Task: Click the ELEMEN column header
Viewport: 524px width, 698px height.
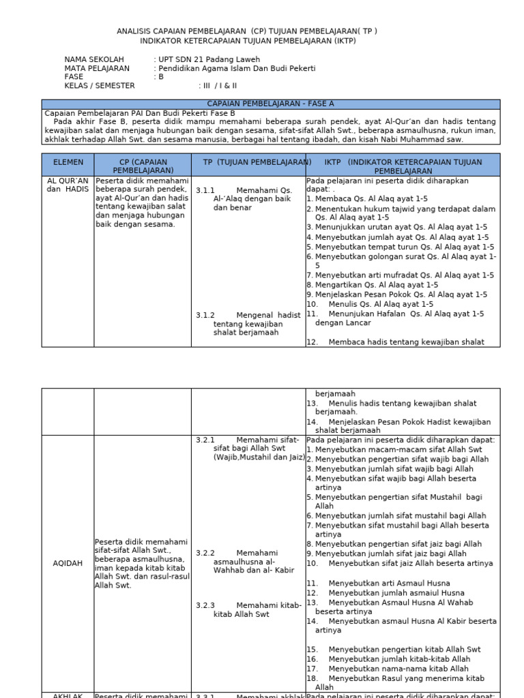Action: click(68, 162)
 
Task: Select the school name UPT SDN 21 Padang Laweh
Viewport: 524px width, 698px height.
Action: click(209, 59)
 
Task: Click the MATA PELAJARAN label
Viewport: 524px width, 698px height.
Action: click(97, 68)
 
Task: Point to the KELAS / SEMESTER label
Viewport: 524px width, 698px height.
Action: click(100, 86)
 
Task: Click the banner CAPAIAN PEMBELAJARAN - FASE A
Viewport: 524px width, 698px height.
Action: click(270, 104)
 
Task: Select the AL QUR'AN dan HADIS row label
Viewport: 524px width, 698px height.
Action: click(68, 185)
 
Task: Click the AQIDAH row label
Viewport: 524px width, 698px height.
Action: click(68, 563)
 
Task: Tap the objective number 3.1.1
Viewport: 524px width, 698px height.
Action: click(205, 190)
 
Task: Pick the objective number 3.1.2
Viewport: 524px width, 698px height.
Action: click(205, 315)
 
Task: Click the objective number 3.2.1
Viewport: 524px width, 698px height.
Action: click(205, 440)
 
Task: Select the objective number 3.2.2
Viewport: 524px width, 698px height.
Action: click(205, 553)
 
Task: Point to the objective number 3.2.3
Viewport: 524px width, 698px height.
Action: click(205, 605)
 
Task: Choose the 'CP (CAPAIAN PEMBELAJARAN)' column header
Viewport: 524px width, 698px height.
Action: click(143, 166)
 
